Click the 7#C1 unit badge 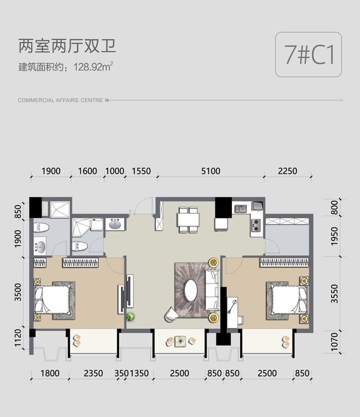click(x=309, y=55)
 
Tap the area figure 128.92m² click(x=93, y=66)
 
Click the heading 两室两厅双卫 click(x=67, y=46)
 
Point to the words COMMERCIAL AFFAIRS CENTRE click(x=60, y=100)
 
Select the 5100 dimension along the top click(x=211, y=171)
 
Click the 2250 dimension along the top click(x=287, y=171)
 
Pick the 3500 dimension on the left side click(x=18, y=292)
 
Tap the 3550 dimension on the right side click(x=334, y=293)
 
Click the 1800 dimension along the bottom click(x=50, y=373)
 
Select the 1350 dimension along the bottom click(x=139, y=373)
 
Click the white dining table click(x=188, y=220)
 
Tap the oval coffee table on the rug click(x=191, y=290)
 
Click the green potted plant click(x=130, y=317)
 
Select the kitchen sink click(x=240, y=208)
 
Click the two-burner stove click(x=256, y=225)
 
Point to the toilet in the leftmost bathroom click(x=41, y=228)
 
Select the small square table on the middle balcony click(x=181, y=341)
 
